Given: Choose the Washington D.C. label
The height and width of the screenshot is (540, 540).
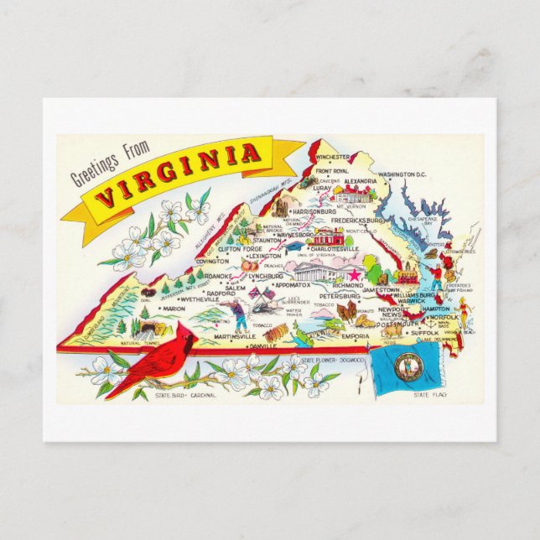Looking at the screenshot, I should click(402, 174).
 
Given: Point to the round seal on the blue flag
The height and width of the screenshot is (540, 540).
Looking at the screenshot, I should click(408, 367).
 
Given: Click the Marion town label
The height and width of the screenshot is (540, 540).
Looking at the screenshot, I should click(174, 309).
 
